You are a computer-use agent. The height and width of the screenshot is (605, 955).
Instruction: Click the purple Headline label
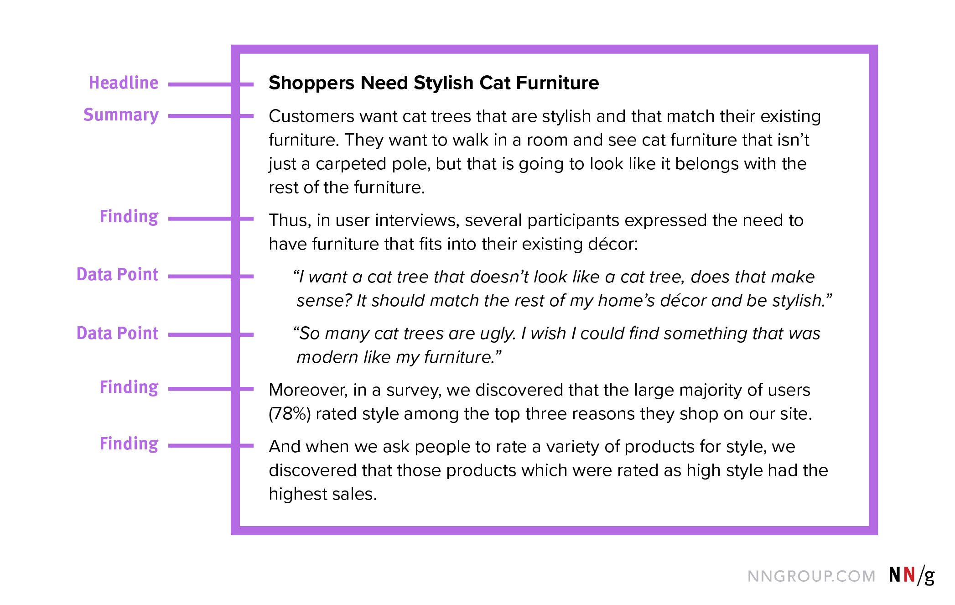click(124, 83)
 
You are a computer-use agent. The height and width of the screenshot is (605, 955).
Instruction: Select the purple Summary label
click(121, 115)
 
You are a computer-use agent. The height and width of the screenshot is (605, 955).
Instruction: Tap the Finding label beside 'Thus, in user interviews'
click(129, 217)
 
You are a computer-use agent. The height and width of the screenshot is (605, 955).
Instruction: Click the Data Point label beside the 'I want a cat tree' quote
click(118, 274)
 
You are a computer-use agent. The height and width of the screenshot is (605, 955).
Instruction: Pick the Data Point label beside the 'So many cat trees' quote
click(118, 333)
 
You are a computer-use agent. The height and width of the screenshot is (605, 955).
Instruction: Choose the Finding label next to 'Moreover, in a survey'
click(129, 387)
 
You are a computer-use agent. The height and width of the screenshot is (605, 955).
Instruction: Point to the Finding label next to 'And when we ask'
click(129, 444)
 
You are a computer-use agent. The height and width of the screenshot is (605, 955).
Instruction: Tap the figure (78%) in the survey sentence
click(290, 414)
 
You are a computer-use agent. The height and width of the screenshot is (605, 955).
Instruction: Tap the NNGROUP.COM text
click(811, 576)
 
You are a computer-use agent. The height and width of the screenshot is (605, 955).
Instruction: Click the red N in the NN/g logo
click(909, 574)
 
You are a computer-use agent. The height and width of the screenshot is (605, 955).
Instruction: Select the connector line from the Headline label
click(211, 84)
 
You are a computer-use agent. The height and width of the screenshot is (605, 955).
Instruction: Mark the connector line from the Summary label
click(211, 116)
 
